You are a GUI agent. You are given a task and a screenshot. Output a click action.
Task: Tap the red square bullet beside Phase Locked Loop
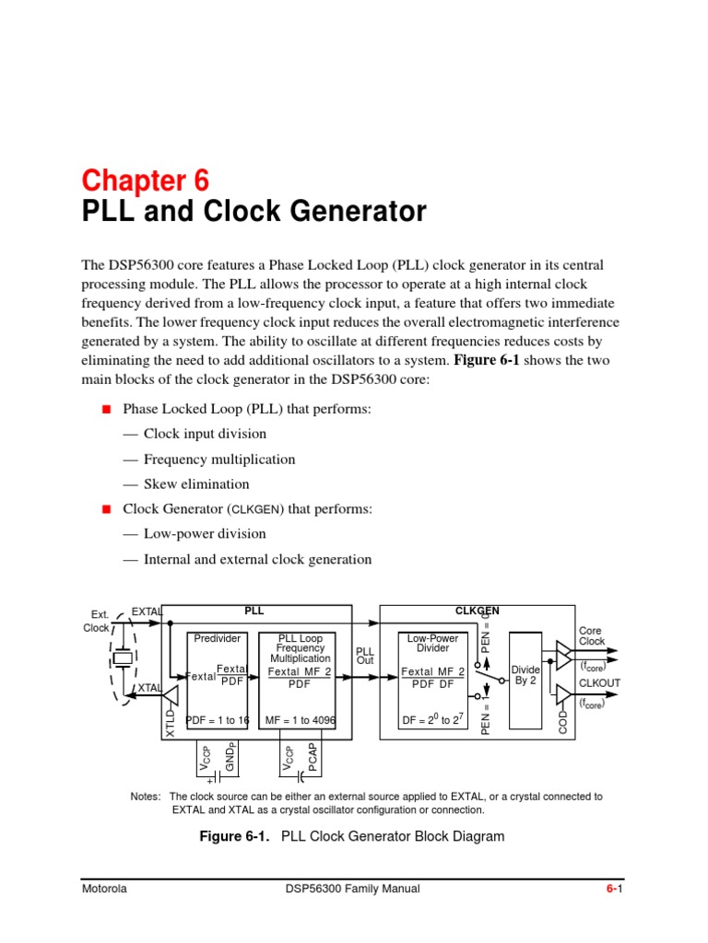105,409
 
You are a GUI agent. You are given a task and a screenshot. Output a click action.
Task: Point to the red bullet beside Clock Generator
105,509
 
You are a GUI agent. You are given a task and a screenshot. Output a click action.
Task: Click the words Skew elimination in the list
195,484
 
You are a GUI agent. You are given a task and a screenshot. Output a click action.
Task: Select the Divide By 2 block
525,675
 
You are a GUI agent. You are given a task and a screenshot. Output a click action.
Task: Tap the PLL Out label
366,655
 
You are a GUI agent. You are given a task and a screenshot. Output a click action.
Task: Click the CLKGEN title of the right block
478,611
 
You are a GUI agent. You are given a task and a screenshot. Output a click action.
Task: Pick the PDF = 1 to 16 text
218,720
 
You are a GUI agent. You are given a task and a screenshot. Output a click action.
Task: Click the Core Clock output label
591,636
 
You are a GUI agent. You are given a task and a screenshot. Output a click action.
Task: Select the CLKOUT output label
599,683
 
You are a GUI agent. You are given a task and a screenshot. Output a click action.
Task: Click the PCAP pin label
313,758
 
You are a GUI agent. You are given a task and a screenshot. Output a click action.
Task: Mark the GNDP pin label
230,757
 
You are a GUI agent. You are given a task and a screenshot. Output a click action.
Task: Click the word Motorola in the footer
104,889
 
